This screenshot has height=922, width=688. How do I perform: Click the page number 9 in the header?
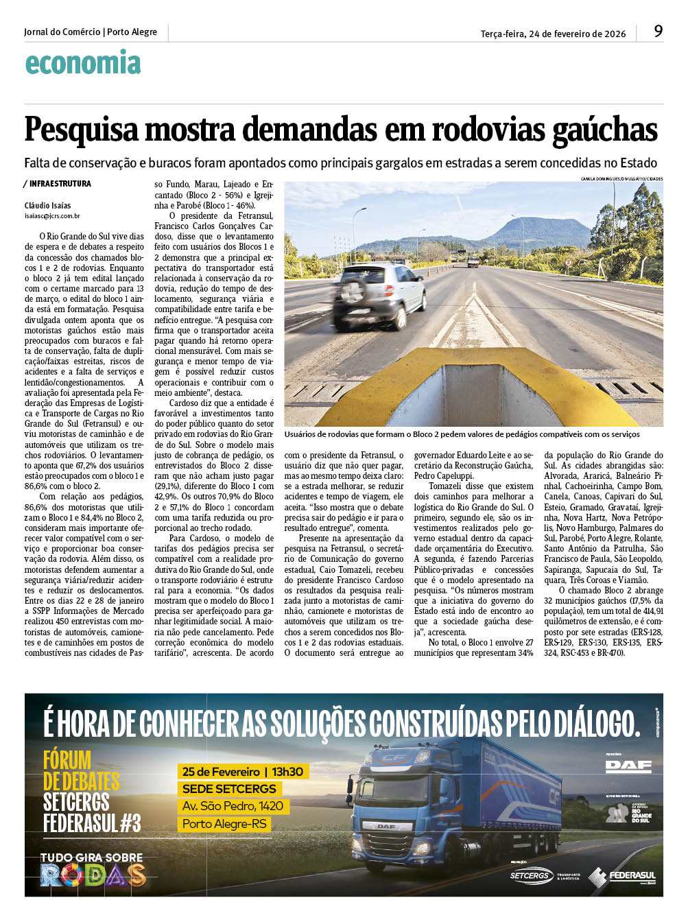(x=658, y=31)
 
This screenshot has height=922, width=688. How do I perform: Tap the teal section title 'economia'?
(x=83, y=63)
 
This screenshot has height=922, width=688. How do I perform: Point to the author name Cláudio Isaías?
(x=47, y=205)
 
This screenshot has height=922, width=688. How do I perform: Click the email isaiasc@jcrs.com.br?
(x=52, y=216)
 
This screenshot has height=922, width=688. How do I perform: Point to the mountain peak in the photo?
(x=543, y=222)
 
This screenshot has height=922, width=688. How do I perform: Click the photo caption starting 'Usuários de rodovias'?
(x=462, y=434)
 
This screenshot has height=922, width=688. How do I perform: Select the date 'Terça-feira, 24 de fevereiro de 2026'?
(x=553, y=34)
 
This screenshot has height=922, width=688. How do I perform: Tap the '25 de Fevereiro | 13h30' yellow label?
(x=243, y=772)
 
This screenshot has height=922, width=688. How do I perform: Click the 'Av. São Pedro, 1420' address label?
(x=233, y=806)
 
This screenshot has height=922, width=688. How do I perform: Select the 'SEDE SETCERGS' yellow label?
(x=229, y=789)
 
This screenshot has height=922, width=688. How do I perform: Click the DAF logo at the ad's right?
(x=628, y=766)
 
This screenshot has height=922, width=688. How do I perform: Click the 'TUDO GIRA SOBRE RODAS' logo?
(x=93, y=869)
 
